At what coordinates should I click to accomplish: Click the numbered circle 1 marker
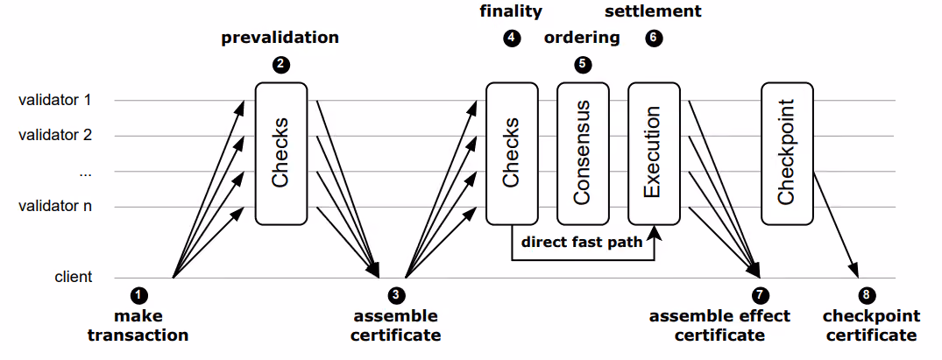(x=138, y=295)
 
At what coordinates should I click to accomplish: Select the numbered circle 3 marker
(x=396, y=295)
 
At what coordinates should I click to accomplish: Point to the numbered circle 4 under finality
(x=511, y=38)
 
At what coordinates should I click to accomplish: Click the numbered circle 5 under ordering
(x=582, y=64)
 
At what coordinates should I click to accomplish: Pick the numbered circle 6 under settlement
(x=654, y=38)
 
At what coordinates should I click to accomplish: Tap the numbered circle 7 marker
(x=760, y=295)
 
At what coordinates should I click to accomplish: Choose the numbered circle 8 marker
(x=867, y=295)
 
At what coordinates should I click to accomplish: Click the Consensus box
(x=583, y=152)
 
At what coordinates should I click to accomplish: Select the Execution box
(x=655, y=152)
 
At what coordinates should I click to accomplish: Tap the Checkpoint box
(x=787, y=152)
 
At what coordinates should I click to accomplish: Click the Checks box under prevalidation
(x=281, y=152)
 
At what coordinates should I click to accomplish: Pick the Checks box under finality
(x=512, y=152)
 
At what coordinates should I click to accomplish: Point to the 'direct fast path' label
(x=582, y=243)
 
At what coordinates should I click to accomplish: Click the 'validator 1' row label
(x=54, y=100)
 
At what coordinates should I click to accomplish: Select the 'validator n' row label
(x=55, y=207)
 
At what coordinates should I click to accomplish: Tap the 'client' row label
(x=74, y=277)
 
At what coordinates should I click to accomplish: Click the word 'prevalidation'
(x=280, y=38)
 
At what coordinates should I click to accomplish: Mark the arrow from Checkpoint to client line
(x=835, y=224)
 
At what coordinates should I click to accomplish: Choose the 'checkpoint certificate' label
(x=871, y=325)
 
